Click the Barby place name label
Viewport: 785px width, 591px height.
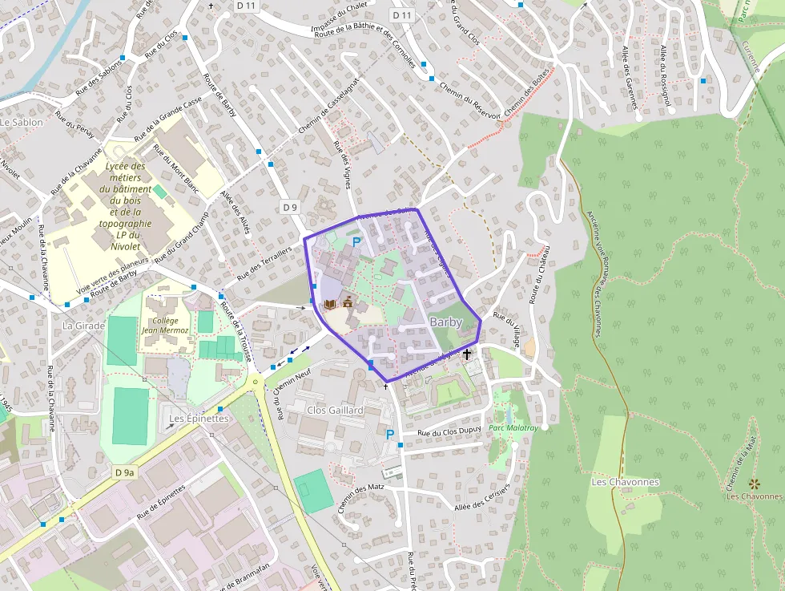point(446,322)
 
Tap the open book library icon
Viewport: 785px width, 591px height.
point(330,305)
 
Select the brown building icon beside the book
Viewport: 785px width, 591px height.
point(348,303)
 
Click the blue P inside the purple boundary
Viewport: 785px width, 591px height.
point(356,241)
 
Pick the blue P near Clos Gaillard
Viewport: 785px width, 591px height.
point(390,435)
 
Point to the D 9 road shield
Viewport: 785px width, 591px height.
point(290,207)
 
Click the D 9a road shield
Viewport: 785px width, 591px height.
point(124,472)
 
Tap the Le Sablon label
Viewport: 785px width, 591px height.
point(22,123)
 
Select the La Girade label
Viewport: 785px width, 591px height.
point(84,326)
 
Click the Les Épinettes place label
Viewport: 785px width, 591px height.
point(199,419)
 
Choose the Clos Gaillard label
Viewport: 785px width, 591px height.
point(336,410)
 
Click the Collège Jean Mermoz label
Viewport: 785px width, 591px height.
point(165,325)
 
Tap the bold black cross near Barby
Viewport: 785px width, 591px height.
point(467,353)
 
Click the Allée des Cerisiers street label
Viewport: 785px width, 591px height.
point(481,500)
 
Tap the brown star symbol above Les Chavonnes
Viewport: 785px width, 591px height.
point(753,484)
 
